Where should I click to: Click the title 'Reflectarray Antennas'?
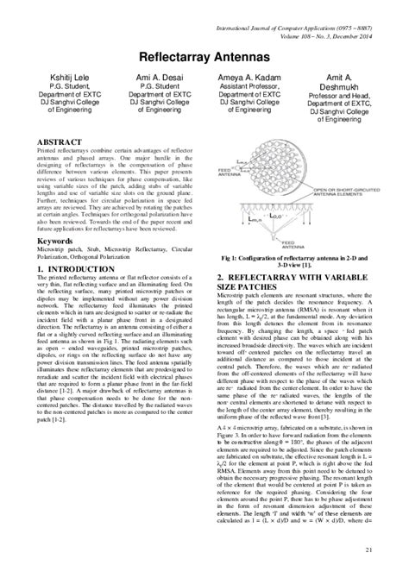204,53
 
